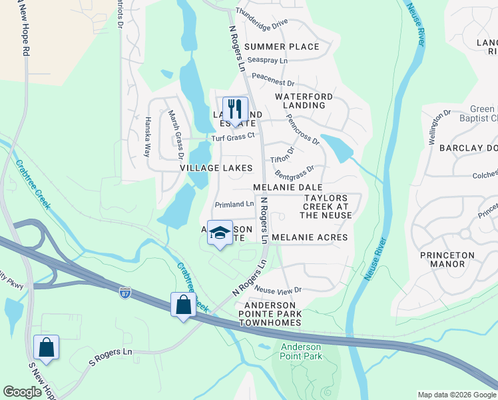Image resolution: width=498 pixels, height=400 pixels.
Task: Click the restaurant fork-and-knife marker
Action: (234, 109)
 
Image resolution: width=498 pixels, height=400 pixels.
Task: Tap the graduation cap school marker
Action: (220, 233)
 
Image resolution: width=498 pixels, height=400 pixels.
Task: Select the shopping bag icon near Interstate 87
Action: (183, 305)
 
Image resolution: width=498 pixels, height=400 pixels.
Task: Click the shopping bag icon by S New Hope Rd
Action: (46, 347)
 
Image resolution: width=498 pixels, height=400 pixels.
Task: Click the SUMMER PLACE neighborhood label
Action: (282, 47)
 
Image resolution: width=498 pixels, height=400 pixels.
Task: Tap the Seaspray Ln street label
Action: (267, 60)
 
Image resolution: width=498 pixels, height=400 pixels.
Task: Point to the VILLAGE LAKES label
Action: (216, 168)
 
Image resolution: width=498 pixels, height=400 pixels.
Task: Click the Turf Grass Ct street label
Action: (233, 137)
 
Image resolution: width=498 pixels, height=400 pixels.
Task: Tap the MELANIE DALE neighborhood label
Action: (288, 188)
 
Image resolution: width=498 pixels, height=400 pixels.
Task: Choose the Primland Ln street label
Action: (234, 204)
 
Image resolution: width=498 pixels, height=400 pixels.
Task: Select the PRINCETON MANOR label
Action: (447, 259)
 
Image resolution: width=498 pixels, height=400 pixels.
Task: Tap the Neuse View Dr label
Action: (278, 290)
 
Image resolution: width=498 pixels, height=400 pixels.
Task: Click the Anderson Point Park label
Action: (301, 351)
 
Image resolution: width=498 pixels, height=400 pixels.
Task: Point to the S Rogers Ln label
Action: (111, 361)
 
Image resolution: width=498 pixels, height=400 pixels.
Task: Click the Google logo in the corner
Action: (22, 392)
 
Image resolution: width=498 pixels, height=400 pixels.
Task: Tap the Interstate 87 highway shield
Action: (124, 291)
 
